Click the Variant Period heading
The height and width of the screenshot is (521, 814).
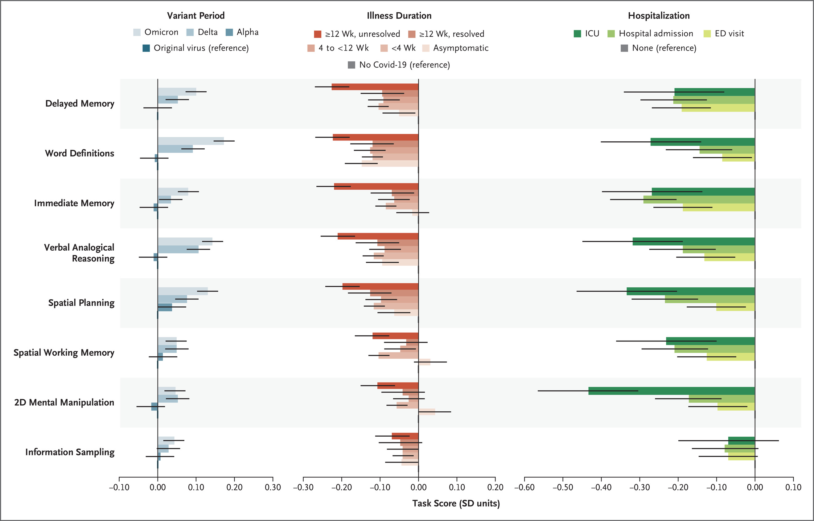click(x=195, y=16)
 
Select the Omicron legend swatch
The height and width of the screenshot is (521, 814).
click(x=137, y=32)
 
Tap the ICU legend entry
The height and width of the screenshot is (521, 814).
click(x=586, y=34)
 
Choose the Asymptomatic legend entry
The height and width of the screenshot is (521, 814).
click(x=455, y=48)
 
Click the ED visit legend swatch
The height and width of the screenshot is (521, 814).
click(x=707, y=34)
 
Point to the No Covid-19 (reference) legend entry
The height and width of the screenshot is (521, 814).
click(x=399, y=65)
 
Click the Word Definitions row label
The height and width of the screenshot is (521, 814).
click(x=80, y=153)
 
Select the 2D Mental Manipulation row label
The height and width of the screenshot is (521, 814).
click(x=64, y=402)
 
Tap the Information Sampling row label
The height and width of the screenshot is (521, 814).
click(x=70, y=452)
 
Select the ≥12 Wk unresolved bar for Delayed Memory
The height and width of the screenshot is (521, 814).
click(x=375, y=87)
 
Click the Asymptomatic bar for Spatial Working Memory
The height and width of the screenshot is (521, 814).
click(x=425, y=362)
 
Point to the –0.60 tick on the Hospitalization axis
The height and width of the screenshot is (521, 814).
click(x=524, y=487)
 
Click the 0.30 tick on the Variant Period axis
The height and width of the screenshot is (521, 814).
click(x=273, y=487)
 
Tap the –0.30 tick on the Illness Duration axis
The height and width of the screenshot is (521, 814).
click(x=303, y=487)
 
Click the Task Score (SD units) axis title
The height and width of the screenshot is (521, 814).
click(x=456, y=503)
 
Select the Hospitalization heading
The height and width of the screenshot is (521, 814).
click(x=659, y=16)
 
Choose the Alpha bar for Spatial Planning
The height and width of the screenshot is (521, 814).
click(x=165, y=307)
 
